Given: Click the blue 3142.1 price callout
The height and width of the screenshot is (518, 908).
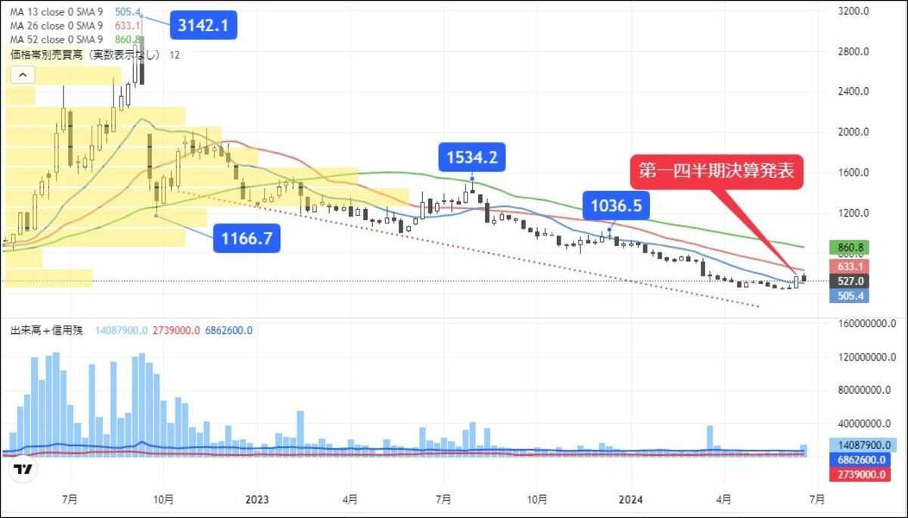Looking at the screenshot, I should tap(204, 26).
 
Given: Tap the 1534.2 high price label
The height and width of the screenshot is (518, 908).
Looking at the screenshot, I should tap(472, 158).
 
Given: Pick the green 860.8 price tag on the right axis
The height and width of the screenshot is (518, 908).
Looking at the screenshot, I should tap(848, 248).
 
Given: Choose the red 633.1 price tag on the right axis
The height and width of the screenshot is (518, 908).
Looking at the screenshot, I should tap(848, 266).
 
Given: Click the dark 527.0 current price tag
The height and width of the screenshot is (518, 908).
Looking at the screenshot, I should tap(848, 281).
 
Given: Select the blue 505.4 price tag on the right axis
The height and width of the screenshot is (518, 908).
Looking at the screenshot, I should tap(848, 295).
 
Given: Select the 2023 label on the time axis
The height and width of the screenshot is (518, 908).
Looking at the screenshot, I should tap(257, 500).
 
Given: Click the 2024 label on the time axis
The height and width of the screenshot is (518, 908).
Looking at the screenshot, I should tap(630, 500).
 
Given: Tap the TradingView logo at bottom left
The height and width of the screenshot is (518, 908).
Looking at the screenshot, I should tap(24, 470).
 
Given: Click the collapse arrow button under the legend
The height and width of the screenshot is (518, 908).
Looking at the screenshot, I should tap(23, 74).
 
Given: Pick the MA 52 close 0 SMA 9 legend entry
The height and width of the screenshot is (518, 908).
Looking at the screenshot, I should tap(57, 39).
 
